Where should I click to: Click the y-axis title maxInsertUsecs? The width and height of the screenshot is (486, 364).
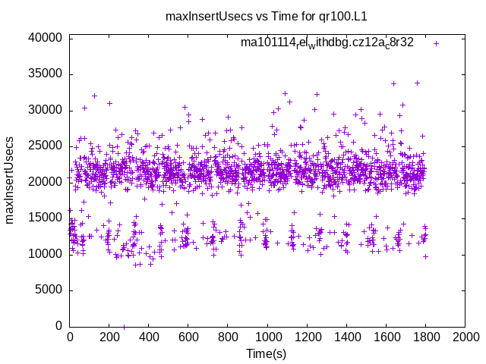point(10,180)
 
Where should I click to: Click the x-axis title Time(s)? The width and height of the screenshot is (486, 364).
point(267,354)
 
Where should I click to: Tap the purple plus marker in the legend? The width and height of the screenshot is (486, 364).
point(436,43)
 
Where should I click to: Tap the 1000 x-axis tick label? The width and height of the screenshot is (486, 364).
point(267,338)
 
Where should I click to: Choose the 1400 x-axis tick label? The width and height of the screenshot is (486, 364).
point(346,338)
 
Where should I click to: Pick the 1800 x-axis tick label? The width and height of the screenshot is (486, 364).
point(425,338)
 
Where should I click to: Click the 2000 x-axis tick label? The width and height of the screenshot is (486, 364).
point(465,338)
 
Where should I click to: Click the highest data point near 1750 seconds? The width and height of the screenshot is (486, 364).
point(417,83)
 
